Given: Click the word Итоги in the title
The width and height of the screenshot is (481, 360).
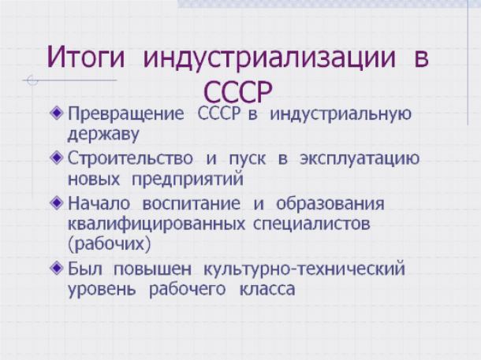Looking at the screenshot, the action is click(86, 57).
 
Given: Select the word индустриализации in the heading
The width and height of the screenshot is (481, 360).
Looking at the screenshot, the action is click(270, 58).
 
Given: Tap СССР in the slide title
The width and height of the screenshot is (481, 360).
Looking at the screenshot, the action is click(237, 91).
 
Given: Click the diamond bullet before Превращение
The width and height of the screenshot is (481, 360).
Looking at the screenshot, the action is click(56, 113).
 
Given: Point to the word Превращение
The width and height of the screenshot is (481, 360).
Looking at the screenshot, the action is click(126, 114).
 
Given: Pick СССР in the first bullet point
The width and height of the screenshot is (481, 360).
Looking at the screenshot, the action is click(218, 113).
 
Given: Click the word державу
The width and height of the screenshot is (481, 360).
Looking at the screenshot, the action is click(103, 135).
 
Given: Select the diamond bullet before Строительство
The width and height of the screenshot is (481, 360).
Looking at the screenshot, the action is click(56, 158).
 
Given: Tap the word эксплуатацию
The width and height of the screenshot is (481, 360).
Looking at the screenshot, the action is click(360, 159).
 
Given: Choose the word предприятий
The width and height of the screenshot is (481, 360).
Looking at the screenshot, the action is click(188, 180).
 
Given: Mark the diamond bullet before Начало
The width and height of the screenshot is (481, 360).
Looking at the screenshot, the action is click(56, 202).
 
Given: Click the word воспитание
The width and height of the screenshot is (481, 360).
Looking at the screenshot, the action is click(192, 203).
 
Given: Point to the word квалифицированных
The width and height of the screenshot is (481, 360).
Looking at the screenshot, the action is click(156, 225).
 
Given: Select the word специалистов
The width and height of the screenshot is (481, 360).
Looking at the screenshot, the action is click(311, 225).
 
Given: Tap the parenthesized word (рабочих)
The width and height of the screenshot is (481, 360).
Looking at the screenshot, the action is click(109, 244).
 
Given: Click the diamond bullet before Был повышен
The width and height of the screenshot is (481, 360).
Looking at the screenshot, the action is click(56, 268).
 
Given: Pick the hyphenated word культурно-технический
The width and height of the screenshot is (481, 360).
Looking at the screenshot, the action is click(304, 269).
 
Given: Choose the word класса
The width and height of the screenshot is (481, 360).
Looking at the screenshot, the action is click(267, 290).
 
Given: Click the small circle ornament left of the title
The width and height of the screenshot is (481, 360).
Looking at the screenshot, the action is click(32, 80).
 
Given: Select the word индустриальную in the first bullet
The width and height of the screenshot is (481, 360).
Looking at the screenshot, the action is click(341, 114).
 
